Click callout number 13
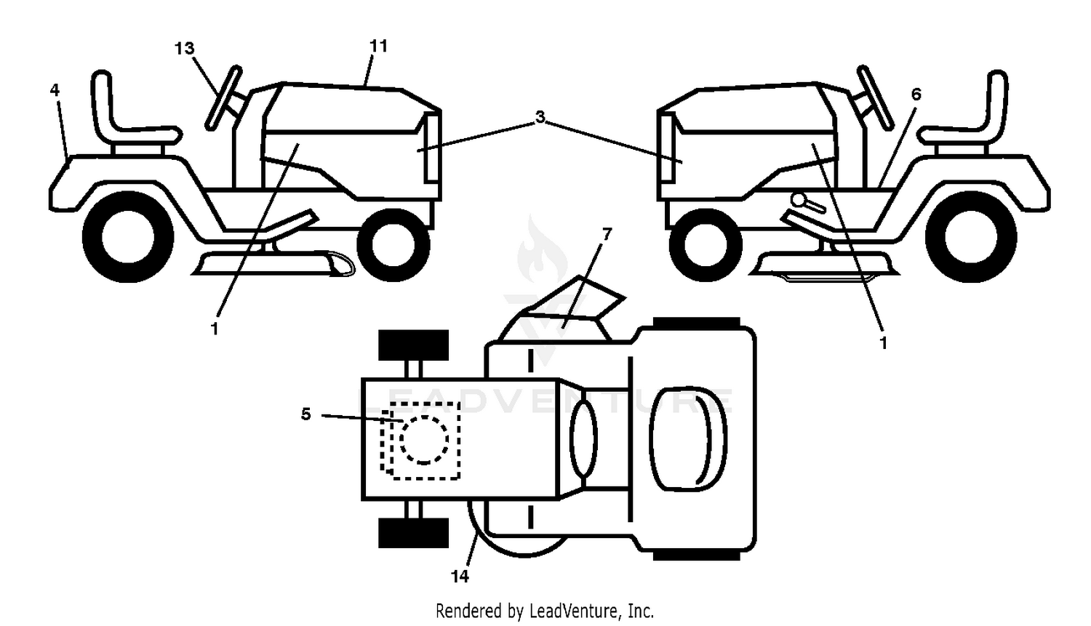(x=185, y=48)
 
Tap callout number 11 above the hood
(x=378, y=46)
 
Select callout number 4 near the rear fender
(x=55, y=89)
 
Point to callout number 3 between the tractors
(x=540, y=117)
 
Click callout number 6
(x=916, y=94)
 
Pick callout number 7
(x=607, y=234)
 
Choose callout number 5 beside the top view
(x=306, y=414)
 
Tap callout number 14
(x=460, y=577)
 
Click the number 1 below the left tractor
(x=215, y=329)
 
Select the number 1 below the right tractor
(x=884, y=343)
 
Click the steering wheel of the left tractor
(x=223, y=98)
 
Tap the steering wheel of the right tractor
(x=875, y=98)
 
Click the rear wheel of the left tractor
(x=128, y=237)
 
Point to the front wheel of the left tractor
(x=393, y=245)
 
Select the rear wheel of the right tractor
(x=971, y=237)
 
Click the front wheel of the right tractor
(x=706, y=245)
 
